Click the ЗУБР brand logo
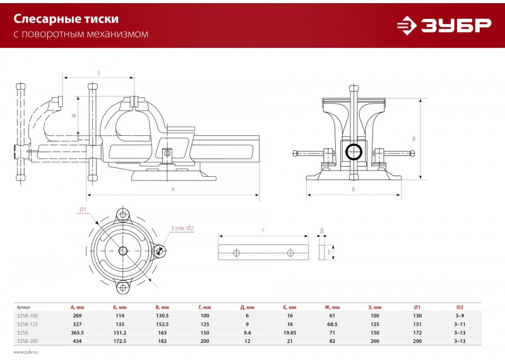pyautogui.click(x=444, y=25)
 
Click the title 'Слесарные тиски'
pyautogui.click(x=66, y=19)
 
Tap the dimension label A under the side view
pyautogui.click(x=173, y=189)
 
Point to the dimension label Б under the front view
pyautogui.click(x=353, y=189)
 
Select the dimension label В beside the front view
pyautogui.click(x=414, y=139)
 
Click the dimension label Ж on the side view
pyautogui.click(x=74, y=116)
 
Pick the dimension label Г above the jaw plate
pyautogui.click(x=264, y=230)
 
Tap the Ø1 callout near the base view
pyautogui.click(x=83, y=209)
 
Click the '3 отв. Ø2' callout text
pyautogui.click(x=182, y=228)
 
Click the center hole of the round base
pyautogui.click(x=122, y=250)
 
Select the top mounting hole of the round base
pyautogui.click(x=122, y=214)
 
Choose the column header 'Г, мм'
pyautogui.click(x=205, y=307)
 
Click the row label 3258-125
pyautogui.click(x=27, y=324)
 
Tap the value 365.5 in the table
pyautogui.click(x=77, y=333)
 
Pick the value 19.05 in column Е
pyautogui.click(x=290, y=333)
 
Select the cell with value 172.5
pyautogui.click(x=120, y=341)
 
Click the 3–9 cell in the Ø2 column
pyautogui.click(x=460, y=316)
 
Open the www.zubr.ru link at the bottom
pyautogui.click(x=25, y=352)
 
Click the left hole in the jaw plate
pyautogui.click(x=236, y=253)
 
